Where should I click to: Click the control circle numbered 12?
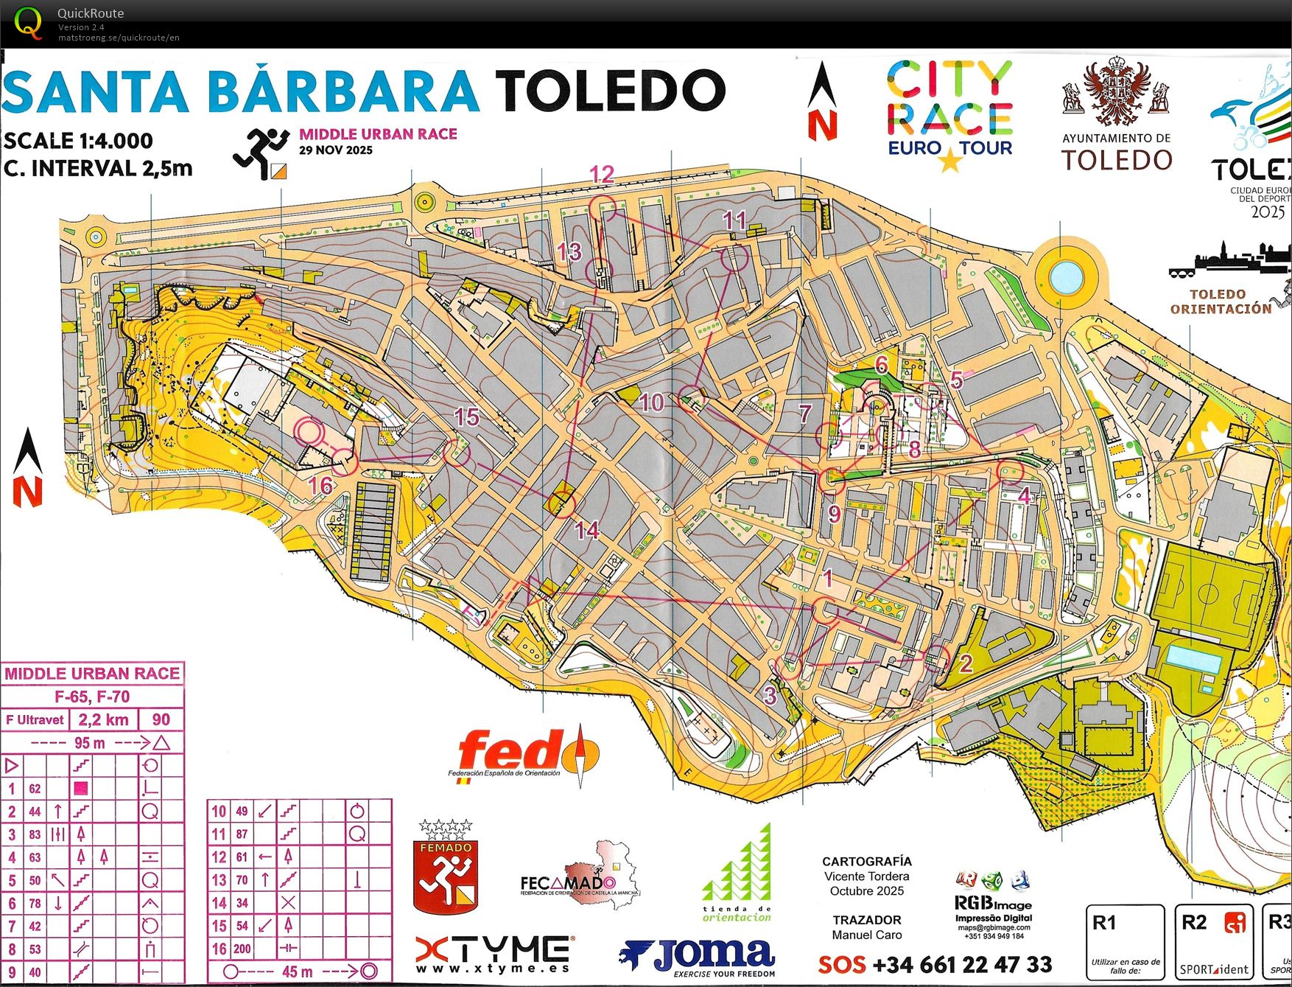pos(603,208)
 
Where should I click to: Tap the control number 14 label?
pos(587,530)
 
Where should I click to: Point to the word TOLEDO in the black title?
pos(610,91)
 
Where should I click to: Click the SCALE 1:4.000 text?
pos(79,141)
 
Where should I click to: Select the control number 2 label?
pos(966,663)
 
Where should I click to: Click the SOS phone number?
pos(935,964)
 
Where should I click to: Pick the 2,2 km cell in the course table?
pos(103,719)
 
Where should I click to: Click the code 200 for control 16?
pos(242,949)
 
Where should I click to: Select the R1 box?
pos(1125,942)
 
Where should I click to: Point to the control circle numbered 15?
pos(457,452)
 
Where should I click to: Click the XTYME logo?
pos(492,954)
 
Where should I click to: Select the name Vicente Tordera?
pos(866,876)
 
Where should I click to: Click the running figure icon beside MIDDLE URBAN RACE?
pos(261,153)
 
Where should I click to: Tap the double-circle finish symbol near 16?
pos(310,431)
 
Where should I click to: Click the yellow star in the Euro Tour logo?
pos(949,159)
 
